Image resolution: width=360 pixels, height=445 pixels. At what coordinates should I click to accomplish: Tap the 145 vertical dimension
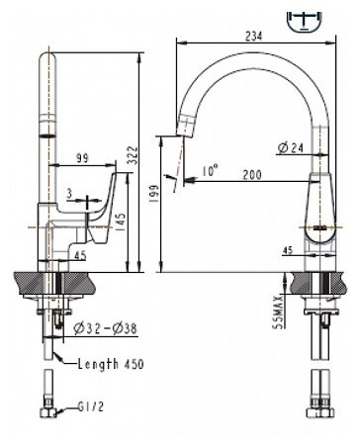120,222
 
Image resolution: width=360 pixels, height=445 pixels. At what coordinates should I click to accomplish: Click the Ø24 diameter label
290,148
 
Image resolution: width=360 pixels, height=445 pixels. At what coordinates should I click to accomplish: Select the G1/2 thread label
88,405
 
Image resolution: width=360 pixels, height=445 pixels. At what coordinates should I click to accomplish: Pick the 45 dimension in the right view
287,249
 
